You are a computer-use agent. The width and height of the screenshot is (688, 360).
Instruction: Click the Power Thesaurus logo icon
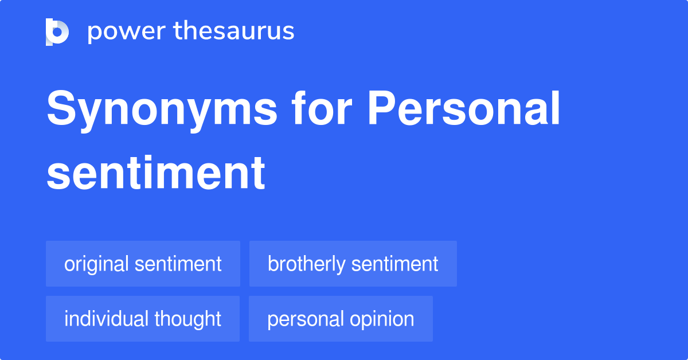(57, 32)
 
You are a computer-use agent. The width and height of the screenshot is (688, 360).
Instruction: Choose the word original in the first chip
(96, 264)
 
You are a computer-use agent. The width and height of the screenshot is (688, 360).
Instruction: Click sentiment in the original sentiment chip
(178, 264)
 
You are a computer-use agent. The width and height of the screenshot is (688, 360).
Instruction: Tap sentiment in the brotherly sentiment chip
(394, 264)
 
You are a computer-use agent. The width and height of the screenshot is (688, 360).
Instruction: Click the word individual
(103, 319)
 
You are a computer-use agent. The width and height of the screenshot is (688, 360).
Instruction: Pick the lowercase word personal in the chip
(302, 319)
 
